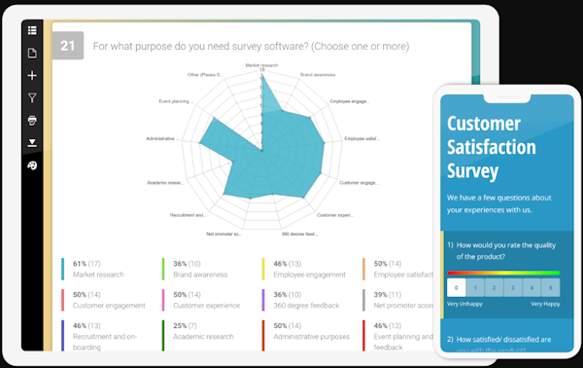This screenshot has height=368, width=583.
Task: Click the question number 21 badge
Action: (68, 46)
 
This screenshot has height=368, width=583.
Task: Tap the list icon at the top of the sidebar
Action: (32, 30)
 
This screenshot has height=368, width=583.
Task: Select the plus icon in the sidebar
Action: (32, 75)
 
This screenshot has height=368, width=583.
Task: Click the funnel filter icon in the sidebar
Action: (32, 97)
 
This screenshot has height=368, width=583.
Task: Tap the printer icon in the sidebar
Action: (32, 120)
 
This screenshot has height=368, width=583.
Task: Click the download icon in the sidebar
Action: (32, 142)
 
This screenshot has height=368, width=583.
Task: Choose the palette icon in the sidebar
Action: (32, 166)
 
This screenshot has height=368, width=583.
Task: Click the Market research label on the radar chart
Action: (261, 65)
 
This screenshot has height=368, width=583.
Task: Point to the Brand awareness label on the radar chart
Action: (317, 74)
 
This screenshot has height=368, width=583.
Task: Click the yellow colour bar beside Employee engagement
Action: (263, 269)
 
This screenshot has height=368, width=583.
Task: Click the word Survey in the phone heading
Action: (472, 171)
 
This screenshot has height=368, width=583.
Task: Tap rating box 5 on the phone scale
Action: (550, 287)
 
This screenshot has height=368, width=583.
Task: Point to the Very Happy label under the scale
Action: (544, 305)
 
